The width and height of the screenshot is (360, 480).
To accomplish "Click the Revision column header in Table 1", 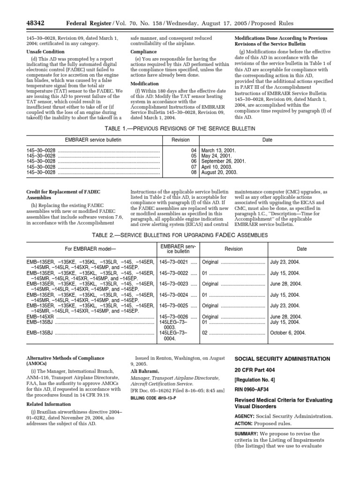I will (x=180, y=140).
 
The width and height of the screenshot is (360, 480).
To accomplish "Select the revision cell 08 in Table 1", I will (x=194, y=172).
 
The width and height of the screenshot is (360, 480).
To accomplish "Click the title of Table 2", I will (x=180, y=234).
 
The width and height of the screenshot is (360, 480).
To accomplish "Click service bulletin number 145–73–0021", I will (x=173, y=262).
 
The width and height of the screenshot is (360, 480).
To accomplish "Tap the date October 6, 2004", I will (x=288, y=332).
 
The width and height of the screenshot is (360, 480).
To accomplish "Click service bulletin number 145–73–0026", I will (x=173, y=317).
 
